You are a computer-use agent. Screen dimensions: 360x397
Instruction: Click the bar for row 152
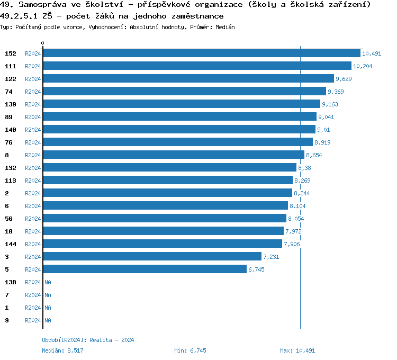(x=201, y=53)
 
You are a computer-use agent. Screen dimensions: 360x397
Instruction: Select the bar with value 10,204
(x=197, y=66)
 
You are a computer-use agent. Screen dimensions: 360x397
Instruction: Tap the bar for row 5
(x=145, y=269)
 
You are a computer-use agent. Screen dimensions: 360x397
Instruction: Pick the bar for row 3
(x=152, y=257)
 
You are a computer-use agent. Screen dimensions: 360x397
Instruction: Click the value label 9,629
(x=344, y=79)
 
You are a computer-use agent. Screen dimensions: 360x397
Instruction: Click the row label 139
(x=11, y=104)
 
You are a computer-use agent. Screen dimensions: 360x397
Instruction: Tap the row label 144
(x=11, y=244)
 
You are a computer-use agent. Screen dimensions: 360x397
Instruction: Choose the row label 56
(x=8, y=219)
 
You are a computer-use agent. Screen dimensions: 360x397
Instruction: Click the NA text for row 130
(x=48, y=282)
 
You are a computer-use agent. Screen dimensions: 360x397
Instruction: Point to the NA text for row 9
(x=48, y=320)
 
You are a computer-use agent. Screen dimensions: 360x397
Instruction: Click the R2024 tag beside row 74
(x=33, y=92)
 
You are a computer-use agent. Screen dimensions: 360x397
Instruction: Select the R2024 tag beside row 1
(x=33, y=308)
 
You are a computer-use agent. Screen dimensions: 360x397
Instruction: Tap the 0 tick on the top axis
(x=43, y=43)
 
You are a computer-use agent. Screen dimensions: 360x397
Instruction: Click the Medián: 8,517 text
(x=62, y=350)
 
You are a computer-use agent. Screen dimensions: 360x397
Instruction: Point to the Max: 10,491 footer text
(x=297, y=350)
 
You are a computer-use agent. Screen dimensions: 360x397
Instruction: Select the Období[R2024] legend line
(x=88, y=340)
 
